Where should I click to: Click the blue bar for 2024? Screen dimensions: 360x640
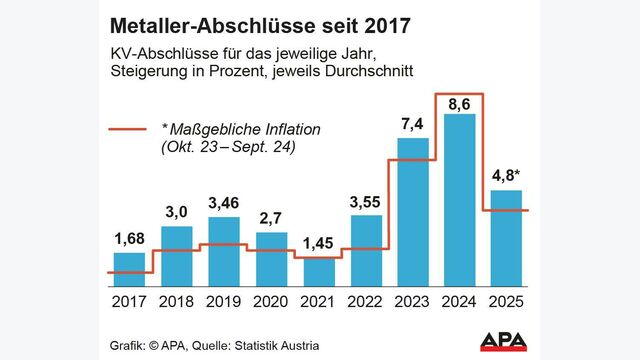point(460,200)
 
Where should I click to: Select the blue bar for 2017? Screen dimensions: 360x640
point(128,269)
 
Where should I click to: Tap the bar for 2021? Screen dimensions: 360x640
point(318,271)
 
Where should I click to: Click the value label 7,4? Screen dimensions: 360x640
point(413,125)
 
